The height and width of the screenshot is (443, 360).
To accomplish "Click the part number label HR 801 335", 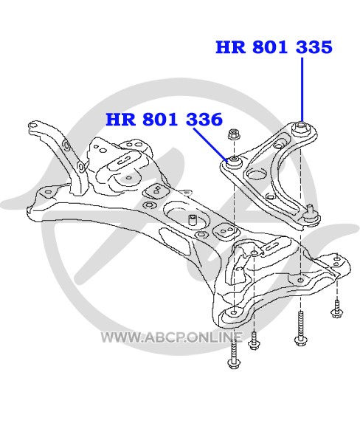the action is tap(274, 47).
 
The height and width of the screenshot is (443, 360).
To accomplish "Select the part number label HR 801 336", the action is tap(165, 119).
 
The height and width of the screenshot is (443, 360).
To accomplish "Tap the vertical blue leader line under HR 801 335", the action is tap(302, 89).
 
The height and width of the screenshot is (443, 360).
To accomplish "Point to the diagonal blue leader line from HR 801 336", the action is tap(210, 145).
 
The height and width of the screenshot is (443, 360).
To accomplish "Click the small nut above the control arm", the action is tap(234, 134).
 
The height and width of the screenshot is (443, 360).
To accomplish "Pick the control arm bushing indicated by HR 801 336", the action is tap(234, 162).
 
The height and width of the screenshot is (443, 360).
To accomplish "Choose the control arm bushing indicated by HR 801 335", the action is tap(301, 128).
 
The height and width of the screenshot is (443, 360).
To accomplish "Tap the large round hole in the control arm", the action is tap(257, 174).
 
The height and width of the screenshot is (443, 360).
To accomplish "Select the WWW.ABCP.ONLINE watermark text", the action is tap(172, 337).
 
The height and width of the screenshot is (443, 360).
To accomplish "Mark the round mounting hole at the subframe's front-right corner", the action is tap(234, 312).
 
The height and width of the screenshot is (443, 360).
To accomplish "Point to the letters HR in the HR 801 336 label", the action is tap(120, 119).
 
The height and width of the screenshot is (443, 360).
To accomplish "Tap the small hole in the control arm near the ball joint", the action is tap(270, 196).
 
